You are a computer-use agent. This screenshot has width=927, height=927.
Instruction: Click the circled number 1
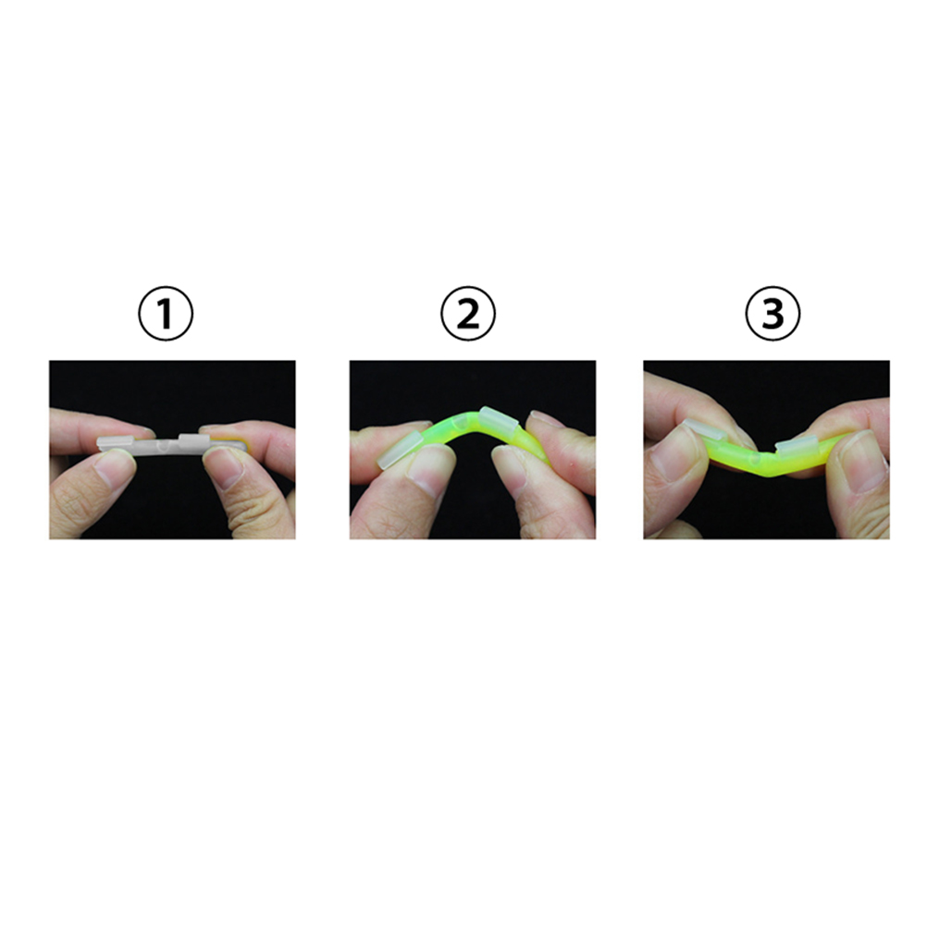[x=166, y=314]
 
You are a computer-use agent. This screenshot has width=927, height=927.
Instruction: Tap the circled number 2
[x=468, y=314]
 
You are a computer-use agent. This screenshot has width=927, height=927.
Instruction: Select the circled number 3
[x=772, y=314]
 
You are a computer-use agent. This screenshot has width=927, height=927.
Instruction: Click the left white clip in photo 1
[x=116, y=443]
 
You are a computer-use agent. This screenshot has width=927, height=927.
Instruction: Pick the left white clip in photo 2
[x=399, y=450]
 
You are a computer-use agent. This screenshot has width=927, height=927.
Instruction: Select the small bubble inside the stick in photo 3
[x=754, y=460]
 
